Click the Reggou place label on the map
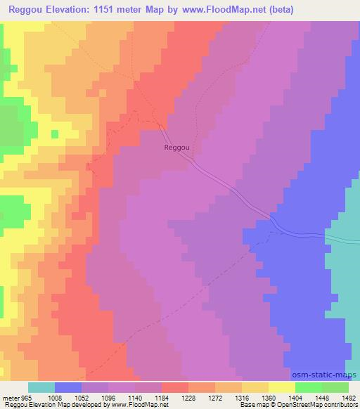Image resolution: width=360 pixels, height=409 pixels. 176,148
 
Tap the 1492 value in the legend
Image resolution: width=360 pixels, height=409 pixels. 349,397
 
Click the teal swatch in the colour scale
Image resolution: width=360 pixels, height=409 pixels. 41,387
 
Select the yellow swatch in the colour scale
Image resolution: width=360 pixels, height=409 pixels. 282,387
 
